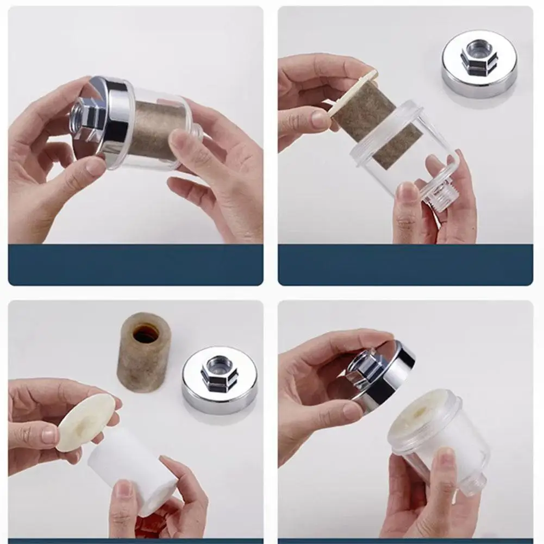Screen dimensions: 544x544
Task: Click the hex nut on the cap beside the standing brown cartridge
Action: [x=219, y=373]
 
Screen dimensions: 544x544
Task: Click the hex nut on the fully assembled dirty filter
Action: [x=86, y=117]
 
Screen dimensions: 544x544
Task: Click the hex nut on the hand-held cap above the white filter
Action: [x=365, y=370]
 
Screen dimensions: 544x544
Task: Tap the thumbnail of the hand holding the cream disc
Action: [x=48, y=434]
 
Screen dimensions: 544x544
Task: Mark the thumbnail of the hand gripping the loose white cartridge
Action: [x=124, y=489]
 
